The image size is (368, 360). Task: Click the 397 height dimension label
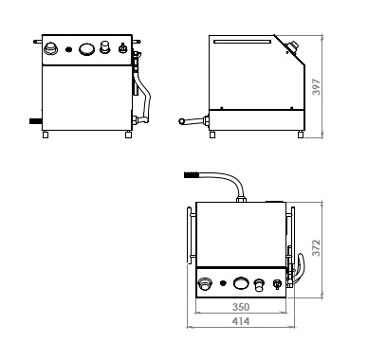pos(316,87)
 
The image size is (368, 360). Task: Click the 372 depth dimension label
pos(316,248)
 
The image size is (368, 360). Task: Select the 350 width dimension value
pos(241,307)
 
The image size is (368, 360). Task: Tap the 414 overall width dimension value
pos(241,321)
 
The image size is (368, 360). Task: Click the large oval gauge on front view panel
pos(86,49)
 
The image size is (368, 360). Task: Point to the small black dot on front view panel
pos(68,49)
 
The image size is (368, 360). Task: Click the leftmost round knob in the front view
pos(50,48)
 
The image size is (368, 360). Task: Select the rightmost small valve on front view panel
pos(122,48)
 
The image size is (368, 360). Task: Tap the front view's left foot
pos(46,135)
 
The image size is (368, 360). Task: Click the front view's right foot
pos(128,135)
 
